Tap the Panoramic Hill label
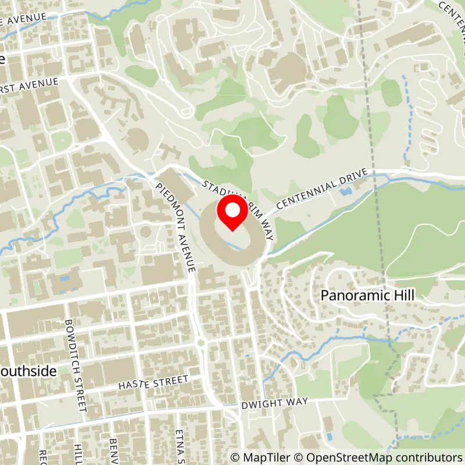click(x=367, y=295)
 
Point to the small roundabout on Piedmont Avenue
click(x=202, y=343)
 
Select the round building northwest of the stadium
click(x=137, y=138)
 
